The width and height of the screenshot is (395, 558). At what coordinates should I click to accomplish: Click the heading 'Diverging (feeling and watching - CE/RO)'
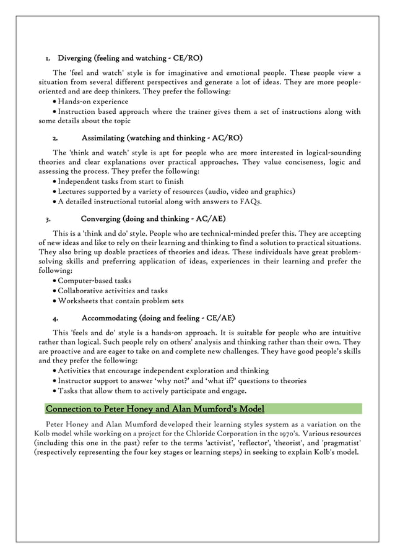(x=130, y=58)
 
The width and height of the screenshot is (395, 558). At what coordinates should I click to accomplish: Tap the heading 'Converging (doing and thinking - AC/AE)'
(x=153, y=219)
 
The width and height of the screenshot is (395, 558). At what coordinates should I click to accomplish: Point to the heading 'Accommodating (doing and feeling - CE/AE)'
(x=158, y=318)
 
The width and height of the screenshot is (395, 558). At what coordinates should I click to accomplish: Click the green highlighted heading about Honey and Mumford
(x=155, y=409)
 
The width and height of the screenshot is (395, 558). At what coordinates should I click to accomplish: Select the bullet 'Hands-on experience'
(x=93, y=101)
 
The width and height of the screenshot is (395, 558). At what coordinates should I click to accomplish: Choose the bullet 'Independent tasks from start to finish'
(x=120, y=181)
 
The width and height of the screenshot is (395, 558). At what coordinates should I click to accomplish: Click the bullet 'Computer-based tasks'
(x=94, y=280)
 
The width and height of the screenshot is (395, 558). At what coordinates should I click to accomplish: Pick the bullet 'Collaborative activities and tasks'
(x=113, y=290)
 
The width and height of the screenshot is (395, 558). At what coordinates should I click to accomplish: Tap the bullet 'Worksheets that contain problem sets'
(x=121, y=300)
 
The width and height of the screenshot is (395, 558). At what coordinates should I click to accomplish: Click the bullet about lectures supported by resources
(x=176, y=191)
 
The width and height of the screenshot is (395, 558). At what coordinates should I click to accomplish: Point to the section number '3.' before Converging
(x=48, y=220)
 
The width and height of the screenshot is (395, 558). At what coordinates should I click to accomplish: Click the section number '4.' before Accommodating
(x=56, y=319)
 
